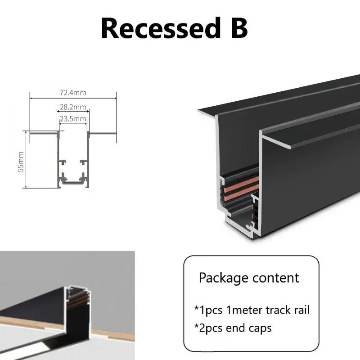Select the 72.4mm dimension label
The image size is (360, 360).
pos(73,93)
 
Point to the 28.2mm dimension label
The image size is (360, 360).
pos(73,107)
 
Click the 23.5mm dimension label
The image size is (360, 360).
pos(73,119)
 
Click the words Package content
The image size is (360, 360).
pos(249,277)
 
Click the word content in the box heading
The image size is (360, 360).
pos(275,277)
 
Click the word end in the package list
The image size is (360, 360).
pos(238,328)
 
